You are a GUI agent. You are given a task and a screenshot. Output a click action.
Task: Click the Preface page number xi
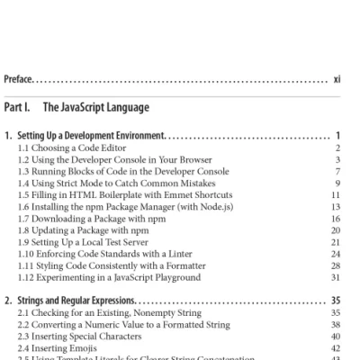click(x=337, y=79)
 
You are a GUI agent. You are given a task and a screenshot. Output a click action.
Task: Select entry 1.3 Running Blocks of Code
click(x=113, y=171)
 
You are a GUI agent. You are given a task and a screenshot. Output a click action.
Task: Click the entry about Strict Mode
click(x=118, y=183)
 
